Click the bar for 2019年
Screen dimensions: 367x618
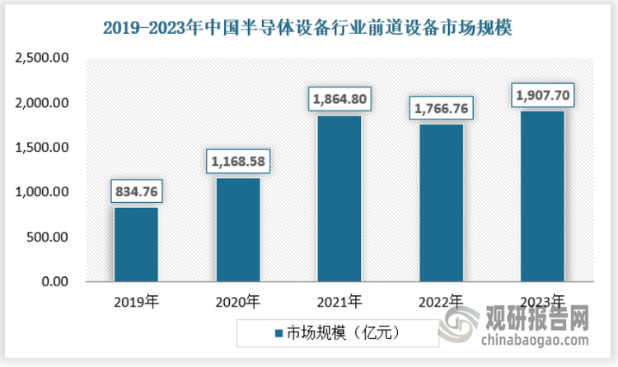point(136,244)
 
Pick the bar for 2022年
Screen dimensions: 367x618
point(440,203)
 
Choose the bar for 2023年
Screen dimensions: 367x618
point(541,196)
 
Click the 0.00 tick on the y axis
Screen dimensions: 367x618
point(54,282)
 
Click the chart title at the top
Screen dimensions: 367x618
point(308,27)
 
